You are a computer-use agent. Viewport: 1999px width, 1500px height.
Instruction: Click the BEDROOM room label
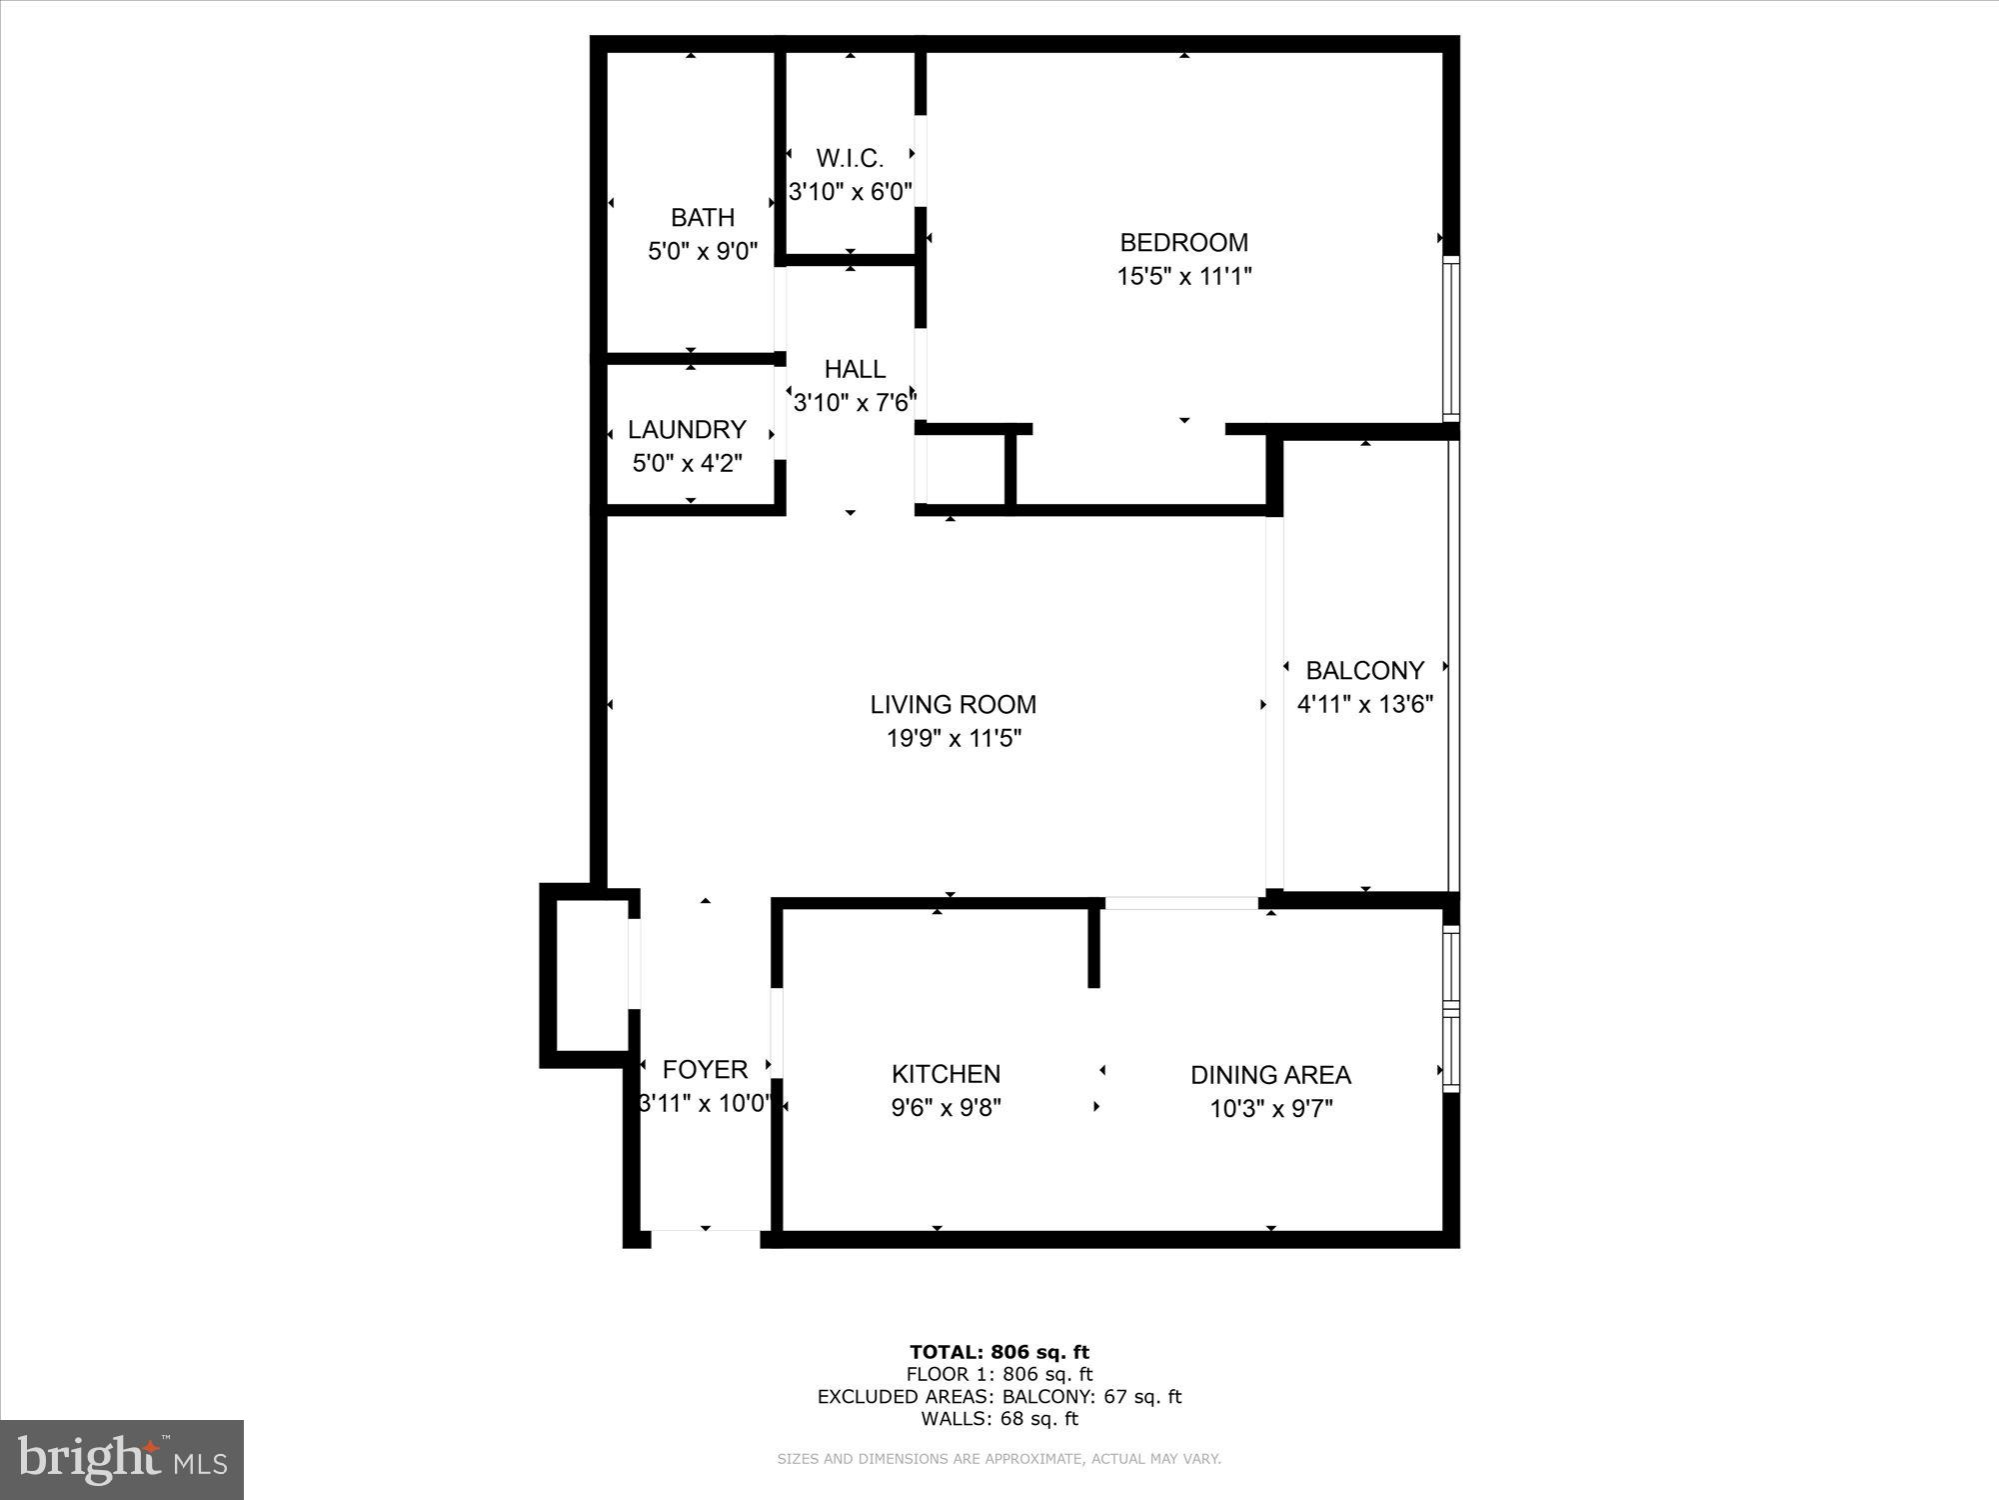(1183, 242)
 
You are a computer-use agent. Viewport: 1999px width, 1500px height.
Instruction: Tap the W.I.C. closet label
(850, 158)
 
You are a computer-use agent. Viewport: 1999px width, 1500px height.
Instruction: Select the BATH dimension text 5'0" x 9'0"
(703, 250)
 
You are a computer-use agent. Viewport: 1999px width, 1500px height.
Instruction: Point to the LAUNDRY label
(687, 429)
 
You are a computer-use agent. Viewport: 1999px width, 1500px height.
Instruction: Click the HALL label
(855, 369)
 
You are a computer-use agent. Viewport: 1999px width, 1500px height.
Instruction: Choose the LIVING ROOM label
(953, 704)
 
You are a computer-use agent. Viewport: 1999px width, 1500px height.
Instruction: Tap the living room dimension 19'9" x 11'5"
(954, 739)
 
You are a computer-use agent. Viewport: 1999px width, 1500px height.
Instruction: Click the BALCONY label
(1364, 670)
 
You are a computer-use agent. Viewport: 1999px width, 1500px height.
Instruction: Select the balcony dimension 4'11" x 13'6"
(1364, 704)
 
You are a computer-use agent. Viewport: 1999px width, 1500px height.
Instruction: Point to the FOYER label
(705, 1069)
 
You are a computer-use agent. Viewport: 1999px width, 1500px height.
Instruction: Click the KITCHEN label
(946, 1074)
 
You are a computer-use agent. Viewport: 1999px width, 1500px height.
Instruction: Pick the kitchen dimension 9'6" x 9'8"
(946, 1108)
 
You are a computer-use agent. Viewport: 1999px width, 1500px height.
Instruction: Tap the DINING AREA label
(1270, 1075)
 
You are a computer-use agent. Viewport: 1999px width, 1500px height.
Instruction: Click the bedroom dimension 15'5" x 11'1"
(1183, 276)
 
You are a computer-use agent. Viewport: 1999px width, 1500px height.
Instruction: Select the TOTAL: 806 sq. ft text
(999, 1353)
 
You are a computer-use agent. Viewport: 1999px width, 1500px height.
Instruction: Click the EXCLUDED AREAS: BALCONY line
(999, 1397)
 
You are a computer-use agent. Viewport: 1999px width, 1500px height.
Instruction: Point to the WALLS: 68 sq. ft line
(999, 1418)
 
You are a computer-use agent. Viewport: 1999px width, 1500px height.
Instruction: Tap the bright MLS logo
(122, 1459)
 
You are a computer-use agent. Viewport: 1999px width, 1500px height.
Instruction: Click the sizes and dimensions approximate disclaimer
(999, 1459)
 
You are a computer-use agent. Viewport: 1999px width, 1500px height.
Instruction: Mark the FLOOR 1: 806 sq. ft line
(999, 1375)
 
